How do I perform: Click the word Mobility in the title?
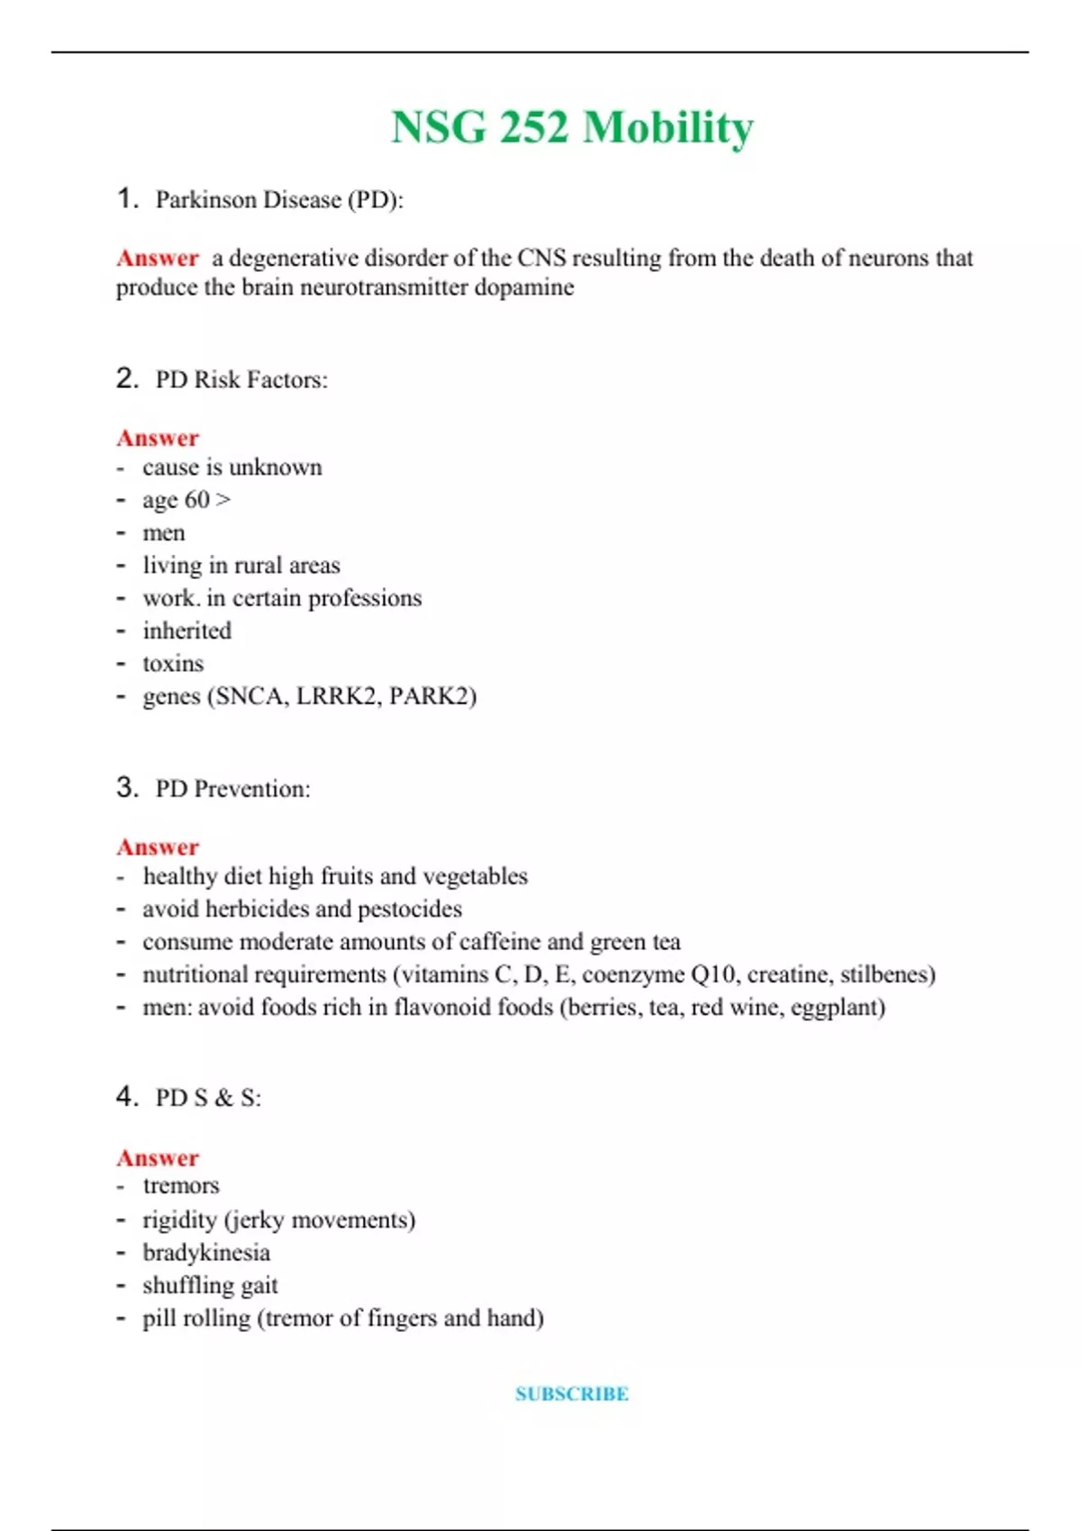pos(668,127)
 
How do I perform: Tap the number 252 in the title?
pos(534,127)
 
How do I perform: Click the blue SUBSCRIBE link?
pos(572,1394)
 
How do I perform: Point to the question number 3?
pos(127,787)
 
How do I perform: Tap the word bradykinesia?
pos(206,1253)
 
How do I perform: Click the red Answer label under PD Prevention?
pos(158,847)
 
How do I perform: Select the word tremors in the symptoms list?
pos(181,1186)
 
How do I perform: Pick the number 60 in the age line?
pos(197,500)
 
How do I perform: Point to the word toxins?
pos(173,664)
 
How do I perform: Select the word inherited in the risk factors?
pos(186,630)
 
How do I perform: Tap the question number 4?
pos(127,1096)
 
